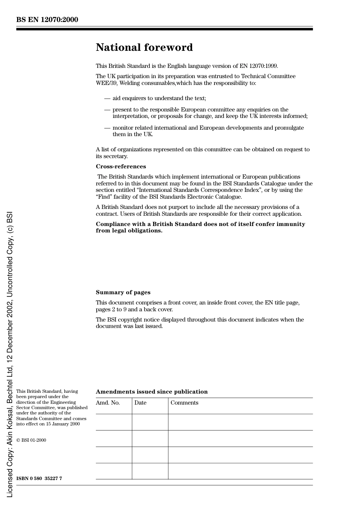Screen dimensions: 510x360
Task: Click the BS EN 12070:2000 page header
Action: point(47,20)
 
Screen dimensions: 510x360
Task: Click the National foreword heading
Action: point(144,47)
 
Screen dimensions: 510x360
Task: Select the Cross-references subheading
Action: point(121,166)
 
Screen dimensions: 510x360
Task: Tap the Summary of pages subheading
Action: point(123,292)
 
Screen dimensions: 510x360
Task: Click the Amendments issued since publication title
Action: point(152,392)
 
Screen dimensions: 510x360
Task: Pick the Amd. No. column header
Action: point(108,403)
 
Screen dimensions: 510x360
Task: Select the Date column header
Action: point(140,403)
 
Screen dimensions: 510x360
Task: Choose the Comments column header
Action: point(184,403)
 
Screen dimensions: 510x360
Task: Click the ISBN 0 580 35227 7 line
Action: point(39,479)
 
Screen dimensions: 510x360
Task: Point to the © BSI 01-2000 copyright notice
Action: point(31,440)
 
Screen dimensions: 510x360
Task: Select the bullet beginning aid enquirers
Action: point(159,98)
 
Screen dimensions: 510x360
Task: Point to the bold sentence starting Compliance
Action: point(200,227)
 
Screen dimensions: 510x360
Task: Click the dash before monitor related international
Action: point(107,128)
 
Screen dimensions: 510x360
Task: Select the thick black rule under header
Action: point(164,29)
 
